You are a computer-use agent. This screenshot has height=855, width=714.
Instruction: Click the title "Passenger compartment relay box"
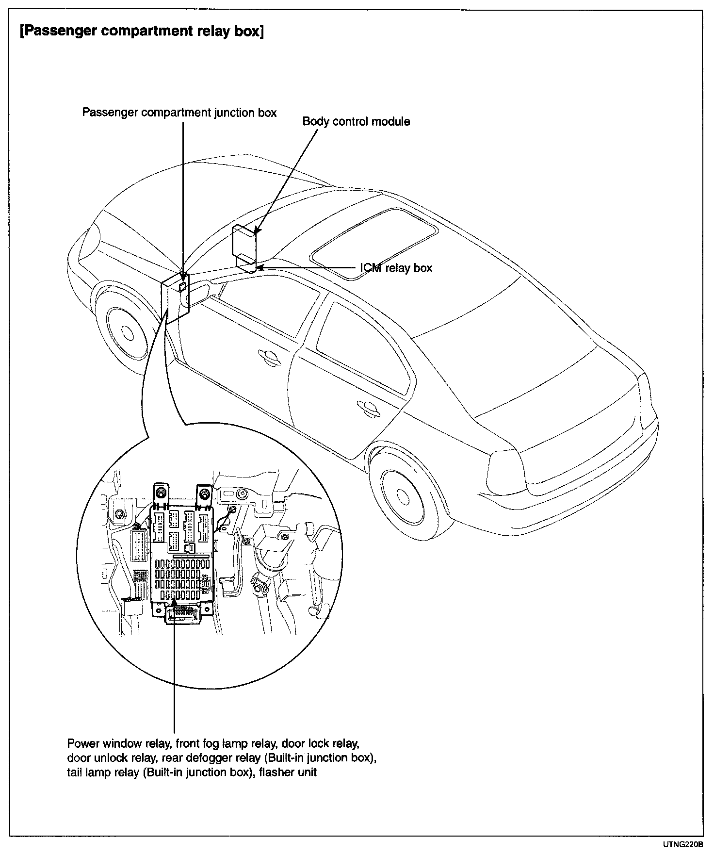141,32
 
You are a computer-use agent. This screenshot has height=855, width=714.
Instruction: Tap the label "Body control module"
356,121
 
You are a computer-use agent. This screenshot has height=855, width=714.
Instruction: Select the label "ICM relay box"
396,268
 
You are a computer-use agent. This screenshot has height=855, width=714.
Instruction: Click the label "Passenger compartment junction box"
179,113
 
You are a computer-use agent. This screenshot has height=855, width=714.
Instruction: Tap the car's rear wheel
403,494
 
